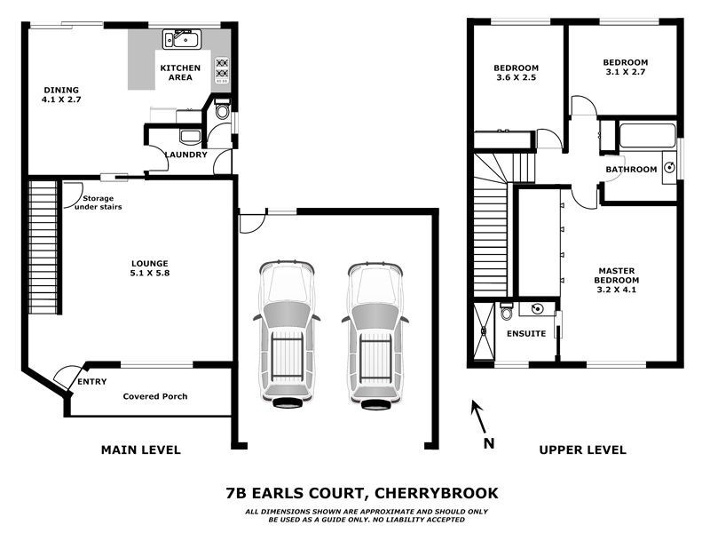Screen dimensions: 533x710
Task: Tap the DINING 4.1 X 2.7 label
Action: [61, 95]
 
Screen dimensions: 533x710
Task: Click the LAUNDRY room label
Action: [185, 155]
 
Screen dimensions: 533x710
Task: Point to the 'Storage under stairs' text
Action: [97, 203]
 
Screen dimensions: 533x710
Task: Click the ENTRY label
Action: [91, 382]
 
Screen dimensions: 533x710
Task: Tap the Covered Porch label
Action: [155, 396]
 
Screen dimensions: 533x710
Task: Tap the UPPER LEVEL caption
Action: [582, 450]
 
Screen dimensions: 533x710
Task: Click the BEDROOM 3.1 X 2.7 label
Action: [625, 68]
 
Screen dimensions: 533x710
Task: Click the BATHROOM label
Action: [631, 169]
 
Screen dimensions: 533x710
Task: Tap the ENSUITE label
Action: [525, 334]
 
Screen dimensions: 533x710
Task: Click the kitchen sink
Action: [183, 38]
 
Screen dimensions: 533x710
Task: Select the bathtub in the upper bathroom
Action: [648, 136]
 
